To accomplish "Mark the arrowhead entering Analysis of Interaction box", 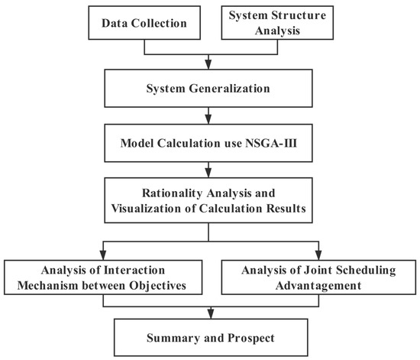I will (103, 255).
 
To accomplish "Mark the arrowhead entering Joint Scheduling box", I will (315, 255).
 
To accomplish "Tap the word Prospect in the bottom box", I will (248, 336).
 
